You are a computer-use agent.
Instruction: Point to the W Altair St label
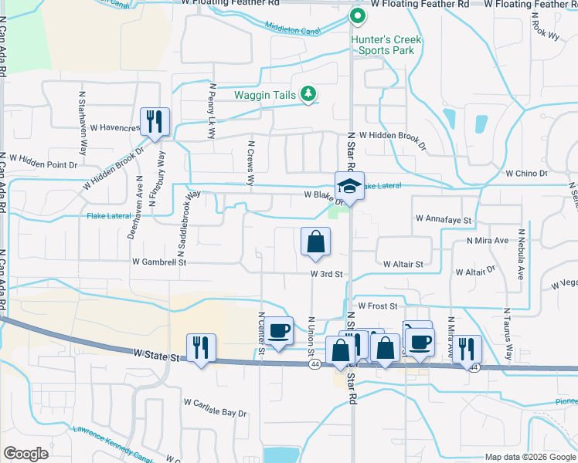403,264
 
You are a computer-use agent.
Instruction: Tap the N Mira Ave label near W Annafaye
488,241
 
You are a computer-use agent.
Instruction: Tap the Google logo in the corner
25,454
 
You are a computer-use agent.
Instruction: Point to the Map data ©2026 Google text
529,457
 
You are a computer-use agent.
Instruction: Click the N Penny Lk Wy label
210,113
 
